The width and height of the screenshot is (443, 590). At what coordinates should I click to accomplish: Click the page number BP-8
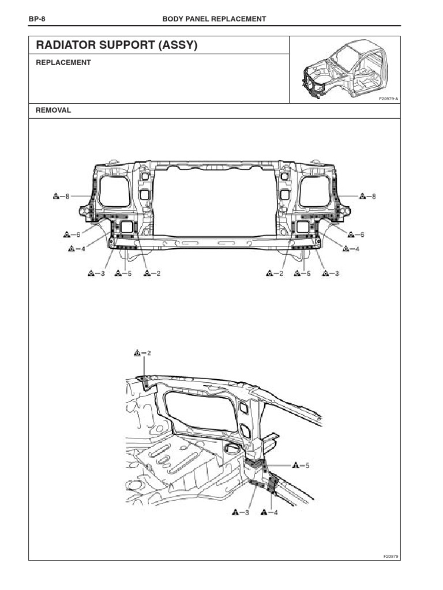36,19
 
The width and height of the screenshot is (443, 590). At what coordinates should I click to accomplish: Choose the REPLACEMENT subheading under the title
63,63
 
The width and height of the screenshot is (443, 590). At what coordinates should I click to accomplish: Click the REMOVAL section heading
54,110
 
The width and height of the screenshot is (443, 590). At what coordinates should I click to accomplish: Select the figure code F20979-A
389,99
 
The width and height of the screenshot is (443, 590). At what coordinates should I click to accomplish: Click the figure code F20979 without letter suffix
391,557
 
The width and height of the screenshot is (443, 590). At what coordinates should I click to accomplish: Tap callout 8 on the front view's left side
61,196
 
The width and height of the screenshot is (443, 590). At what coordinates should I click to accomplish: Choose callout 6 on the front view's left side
71,235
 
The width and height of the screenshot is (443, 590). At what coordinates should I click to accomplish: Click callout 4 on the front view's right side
351,249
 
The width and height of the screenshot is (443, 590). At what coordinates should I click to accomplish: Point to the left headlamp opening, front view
114,191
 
